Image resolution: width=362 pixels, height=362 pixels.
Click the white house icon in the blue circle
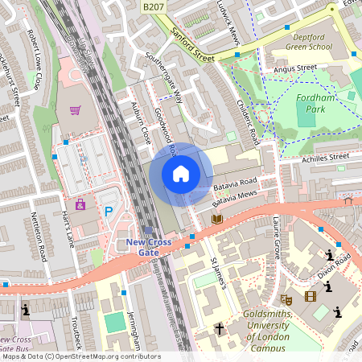coord(181,174)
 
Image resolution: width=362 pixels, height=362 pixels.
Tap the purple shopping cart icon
coord(75,111)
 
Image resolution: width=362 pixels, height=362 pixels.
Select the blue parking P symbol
coord(109,212)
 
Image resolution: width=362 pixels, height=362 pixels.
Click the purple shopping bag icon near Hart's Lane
coord(80,205)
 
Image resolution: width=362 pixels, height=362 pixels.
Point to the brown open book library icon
coord(216,218)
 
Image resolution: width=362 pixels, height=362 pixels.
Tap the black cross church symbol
coord(220,328)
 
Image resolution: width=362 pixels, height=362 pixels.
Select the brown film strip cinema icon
coord(311,296)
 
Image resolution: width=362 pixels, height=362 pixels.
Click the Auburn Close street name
coord(140,124)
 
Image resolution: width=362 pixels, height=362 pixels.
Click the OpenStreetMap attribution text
coord(80,356)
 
